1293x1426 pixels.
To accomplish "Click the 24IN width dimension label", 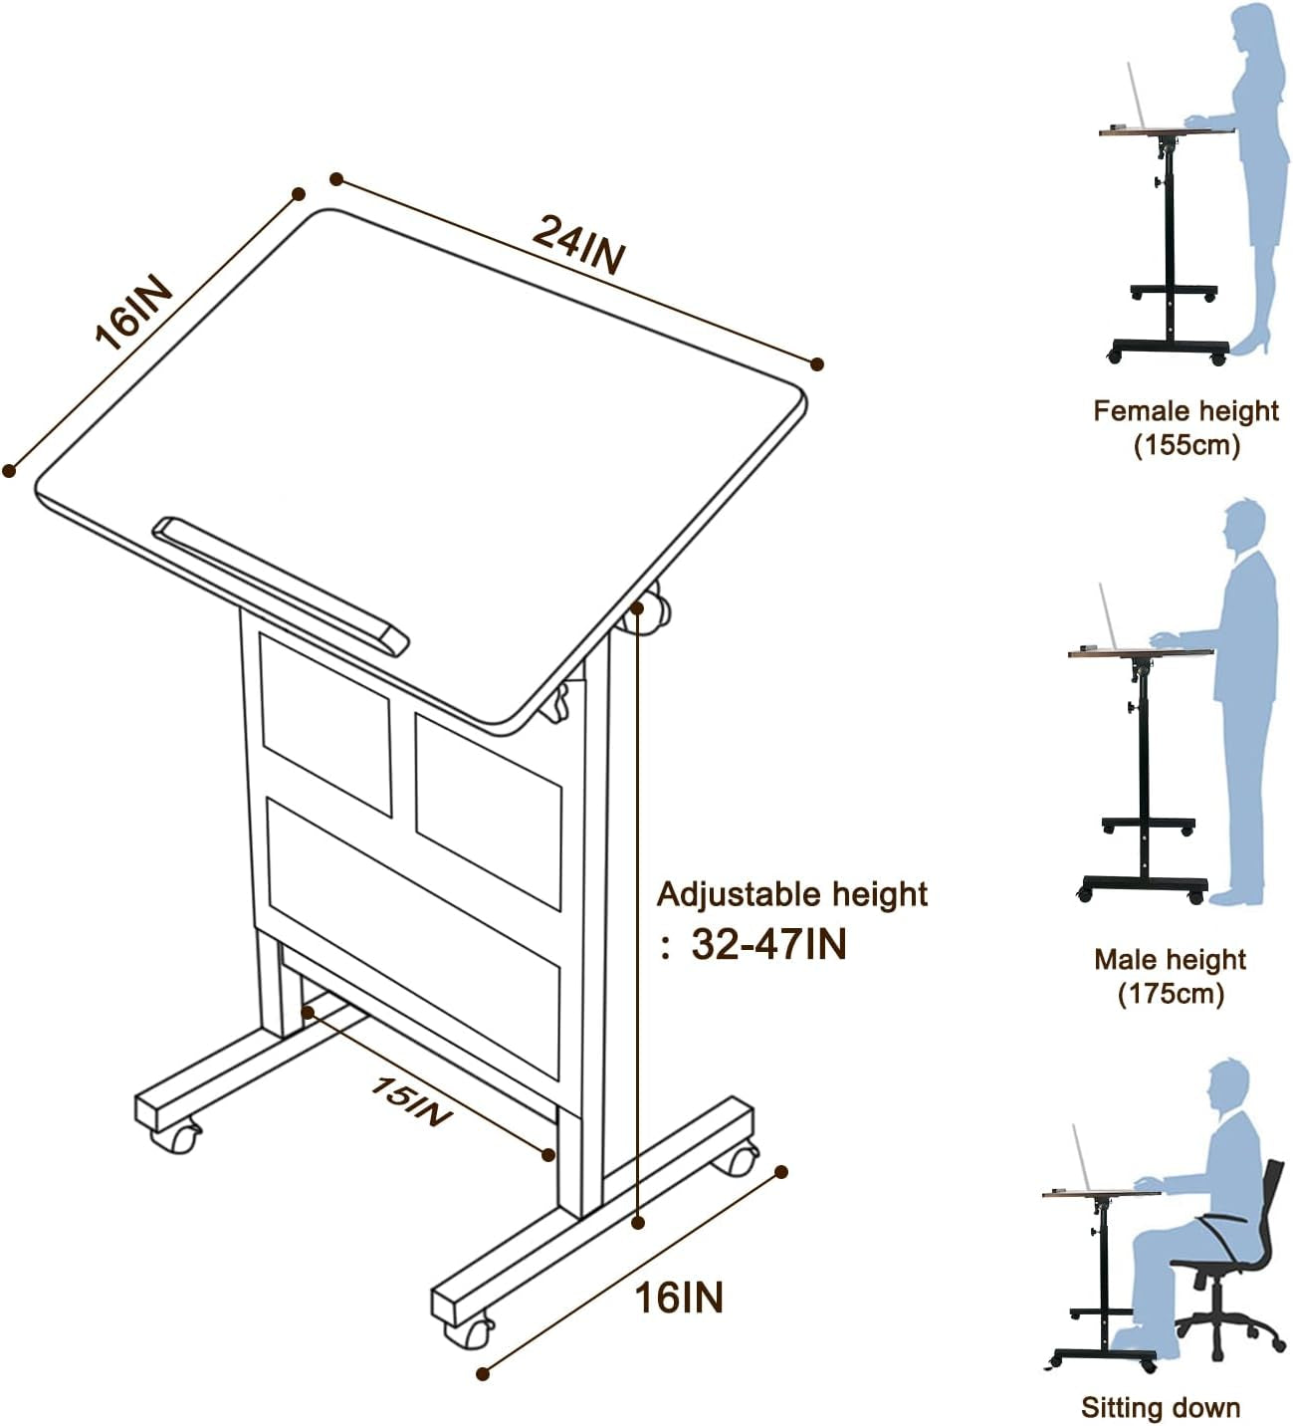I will point(578,244).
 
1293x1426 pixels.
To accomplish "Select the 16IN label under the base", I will point(679,1298).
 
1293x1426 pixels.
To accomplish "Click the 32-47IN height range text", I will point(768,944).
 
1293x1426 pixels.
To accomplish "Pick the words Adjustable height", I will point(792,894).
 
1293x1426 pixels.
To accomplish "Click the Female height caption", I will point(1185,410).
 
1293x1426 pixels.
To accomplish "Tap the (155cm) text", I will point(1186,444).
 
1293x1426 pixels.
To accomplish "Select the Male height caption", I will point(1170,959).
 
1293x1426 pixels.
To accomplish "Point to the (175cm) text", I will point(1171,993).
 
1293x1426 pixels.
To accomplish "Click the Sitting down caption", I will point(1161,1407).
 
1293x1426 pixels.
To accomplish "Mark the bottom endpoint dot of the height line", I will point(638,1222).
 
